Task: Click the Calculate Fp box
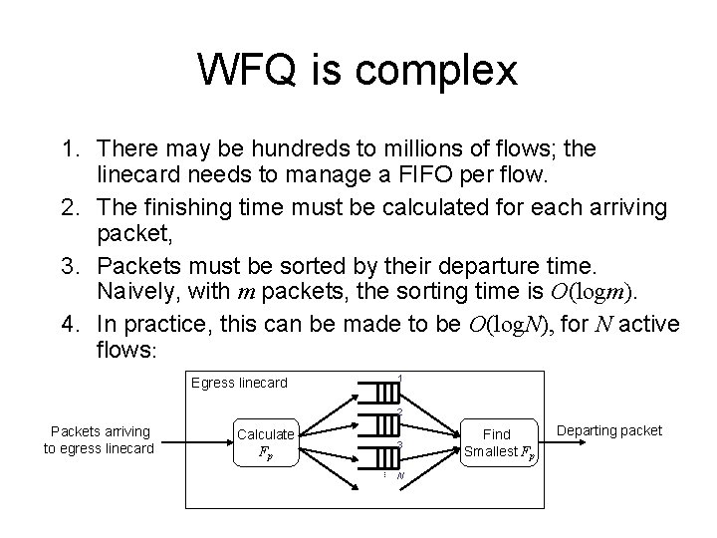(266, 442)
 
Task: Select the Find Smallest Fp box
(496, 442)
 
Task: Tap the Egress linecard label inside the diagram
(238, 383)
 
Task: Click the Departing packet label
(609, 430)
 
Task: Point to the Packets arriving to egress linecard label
(99, 439)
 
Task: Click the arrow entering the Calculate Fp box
(193, 440)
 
